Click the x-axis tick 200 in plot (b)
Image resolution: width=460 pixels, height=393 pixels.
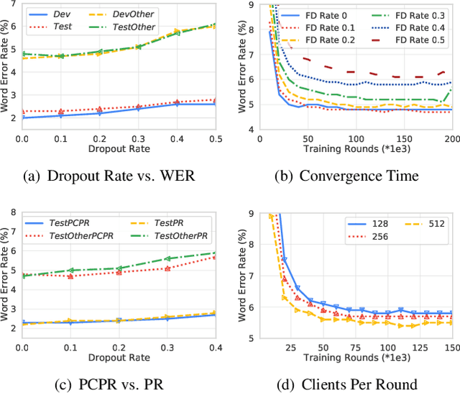(x=451, y=137)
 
